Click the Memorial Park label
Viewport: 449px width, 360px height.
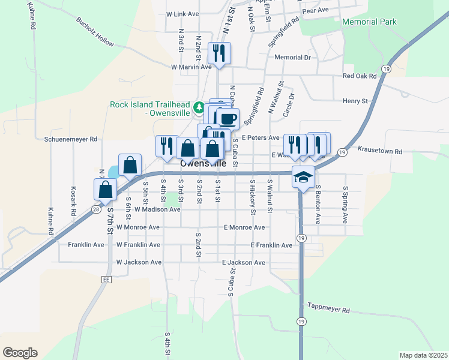click(x=369, y=22)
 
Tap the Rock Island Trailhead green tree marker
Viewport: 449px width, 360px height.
click(x=200, y=109)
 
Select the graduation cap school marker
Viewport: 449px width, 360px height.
click(x=303, y=177)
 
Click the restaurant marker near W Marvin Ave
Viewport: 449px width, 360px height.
click(x=219, y=53)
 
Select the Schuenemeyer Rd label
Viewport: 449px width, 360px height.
click(x=71, y=139)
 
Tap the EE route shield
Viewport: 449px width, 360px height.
click(x=107, y=279)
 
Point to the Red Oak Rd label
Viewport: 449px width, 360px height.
click(x=359, y=76)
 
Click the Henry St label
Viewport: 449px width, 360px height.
click(x=355, y=101)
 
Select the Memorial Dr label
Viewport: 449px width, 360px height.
click(x=292, y=58)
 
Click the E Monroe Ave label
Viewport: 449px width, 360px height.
click(x=244, y=227)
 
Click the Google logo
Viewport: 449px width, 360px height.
click(x=20, y=353)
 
